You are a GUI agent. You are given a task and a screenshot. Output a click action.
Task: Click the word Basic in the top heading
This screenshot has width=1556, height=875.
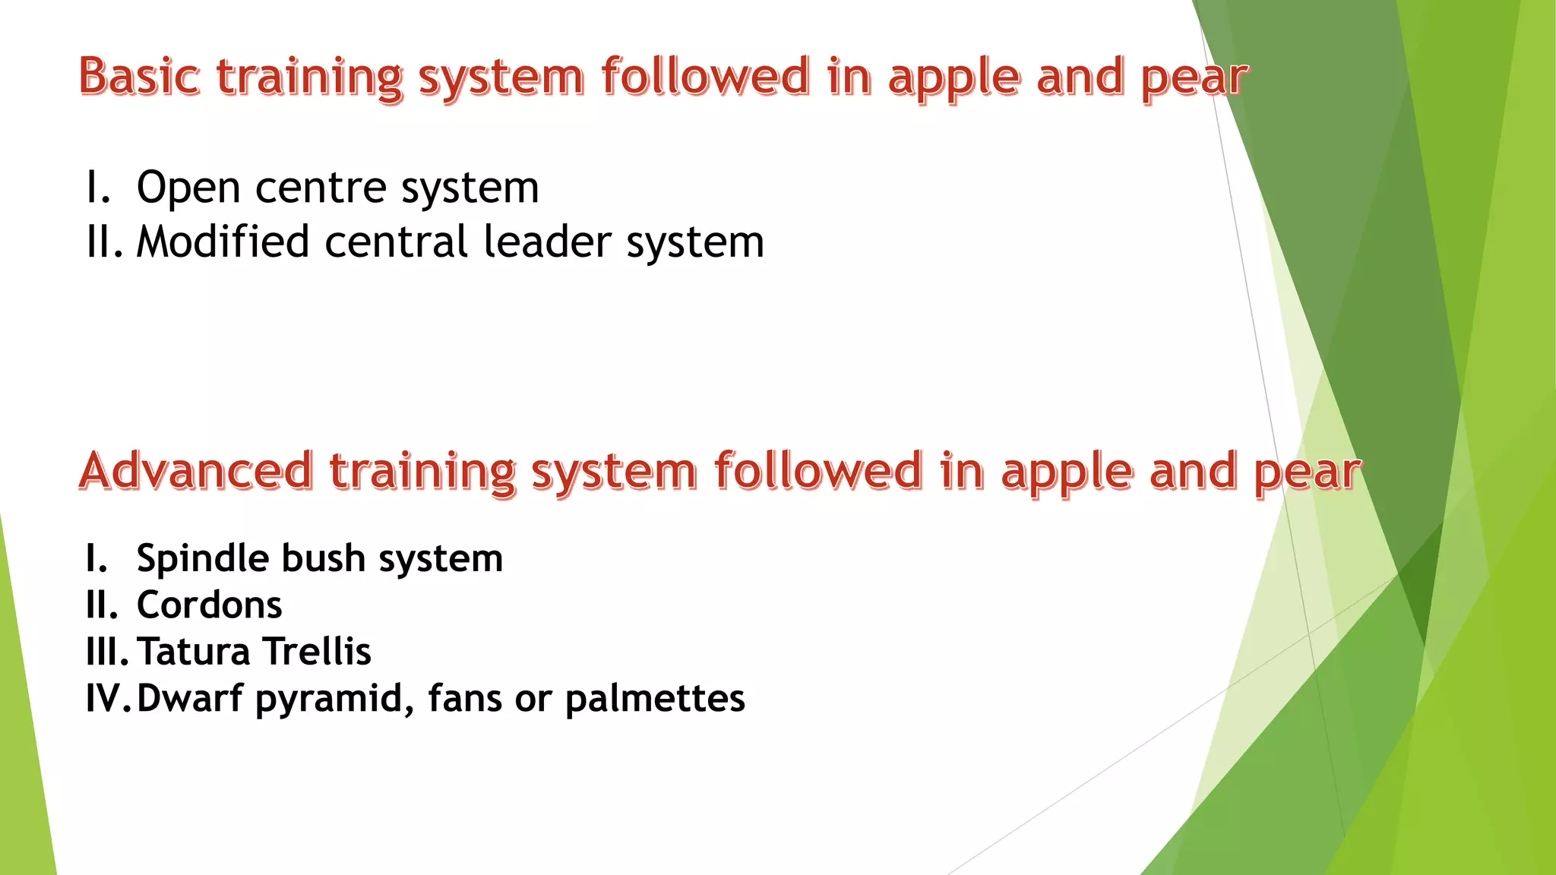(140, 77)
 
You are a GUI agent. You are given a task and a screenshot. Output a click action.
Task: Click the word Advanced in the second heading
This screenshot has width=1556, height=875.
(196, 470)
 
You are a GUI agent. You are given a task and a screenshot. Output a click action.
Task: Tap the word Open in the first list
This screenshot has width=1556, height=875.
(188, 188)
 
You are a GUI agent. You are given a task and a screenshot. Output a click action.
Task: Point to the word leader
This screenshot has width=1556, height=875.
(547, 242)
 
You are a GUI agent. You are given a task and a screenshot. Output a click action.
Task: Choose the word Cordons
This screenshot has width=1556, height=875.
(209, 605)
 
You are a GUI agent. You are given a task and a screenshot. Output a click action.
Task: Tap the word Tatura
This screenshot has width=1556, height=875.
(194, 652)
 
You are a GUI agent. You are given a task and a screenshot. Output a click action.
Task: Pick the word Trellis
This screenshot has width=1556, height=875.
(318, 652)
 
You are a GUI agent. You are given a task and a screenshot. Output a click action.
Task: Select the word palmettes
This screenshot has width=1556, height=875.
(655, 698)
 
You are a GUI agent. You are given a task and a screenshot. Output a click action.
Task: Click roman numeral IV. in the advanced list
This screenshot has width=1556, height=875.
(106, 698)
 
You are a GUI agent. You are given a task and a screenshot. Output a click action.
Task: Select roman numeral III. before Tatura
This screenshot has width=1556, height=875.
(107, 652)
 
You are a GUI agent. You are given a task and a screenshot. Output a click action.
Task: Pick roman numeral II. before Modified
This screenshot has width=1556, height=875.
(104, 242)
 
